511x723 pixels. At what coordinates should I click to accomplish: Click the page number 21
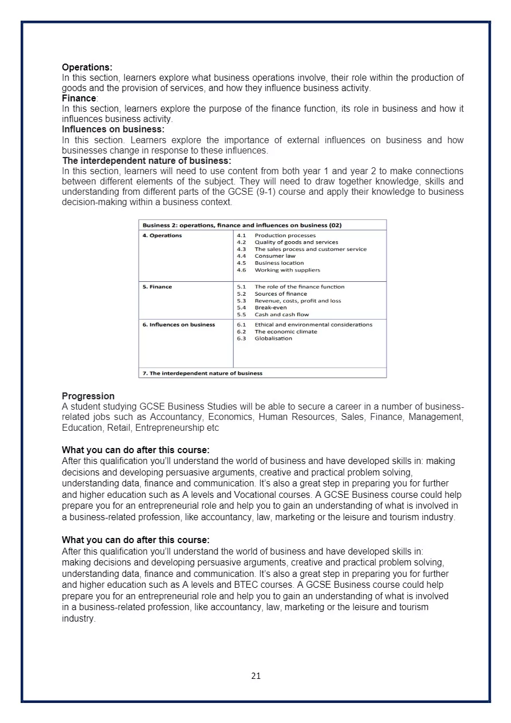point(256,676)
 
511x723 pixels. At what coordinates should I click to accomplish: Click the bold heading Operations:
point(87,68)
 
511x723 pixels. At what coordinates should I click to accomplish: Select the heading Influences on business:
point(113,129)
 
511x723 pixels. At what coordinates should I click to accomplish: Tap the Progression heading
point(88,396)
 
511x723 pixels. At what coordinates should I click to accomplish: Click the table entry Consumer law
point(275,256)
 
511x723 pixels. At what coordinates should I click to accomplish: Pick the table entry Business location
point(279,263)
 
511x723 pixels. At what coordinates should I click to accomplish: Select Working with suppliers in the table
point(287,270)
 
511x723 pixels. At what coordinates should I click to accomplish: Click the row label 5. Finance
point(157,287)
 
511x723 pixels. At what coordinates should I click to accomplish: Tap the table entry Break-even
point(270,308)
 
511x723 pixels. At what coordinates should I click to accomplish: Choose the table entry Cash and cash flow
point(281,315)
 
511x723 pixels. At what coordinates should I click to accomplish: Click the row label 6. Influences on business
point(179,325)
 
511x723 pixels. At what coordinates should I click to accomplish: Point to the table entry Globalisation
point(273,339)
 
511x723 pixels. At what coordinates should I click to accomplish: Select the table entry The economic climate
point(285,332)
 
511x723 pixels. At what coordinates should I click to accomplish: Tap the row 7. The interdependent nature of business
point(202,374)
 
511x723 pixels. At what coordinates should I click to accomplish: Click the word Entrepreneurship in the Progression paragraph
point(169,428)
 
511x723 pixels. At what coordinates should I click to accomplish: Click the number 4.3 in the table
point(241,249)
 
